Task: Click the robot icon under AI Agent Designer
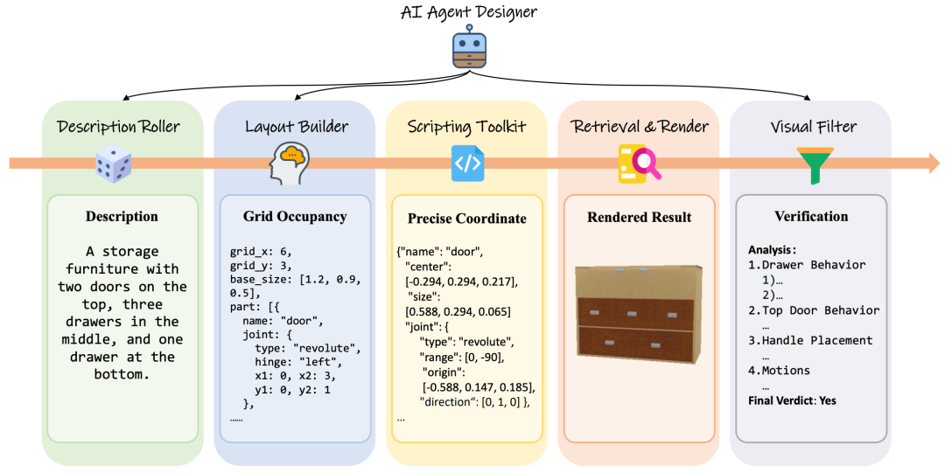click(469, 47)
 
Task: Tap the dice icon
click(113, 162)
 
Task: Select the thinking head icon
click(289, 163)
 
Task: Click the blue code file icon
click(467, 163)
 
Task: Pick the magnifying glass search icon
click(639, 163)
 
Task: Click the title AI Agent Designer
click(469, 12)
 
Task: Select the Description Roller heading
click(119, 127)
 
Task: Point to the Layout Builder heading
click(296, 127)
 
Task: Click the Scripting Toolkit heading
click(466, 127)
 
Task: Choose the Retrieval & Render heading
click(640, 127)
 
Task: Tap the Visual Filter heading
click(814, 127)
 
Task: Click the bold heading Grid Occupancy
click(295, 217)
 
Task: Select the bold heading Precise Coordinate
click(467, 218)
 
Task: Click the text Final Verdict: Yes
click(792, 400)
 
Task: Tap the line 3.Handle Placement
click(810, 340)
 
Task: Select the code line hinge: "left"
click(297, 362)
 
